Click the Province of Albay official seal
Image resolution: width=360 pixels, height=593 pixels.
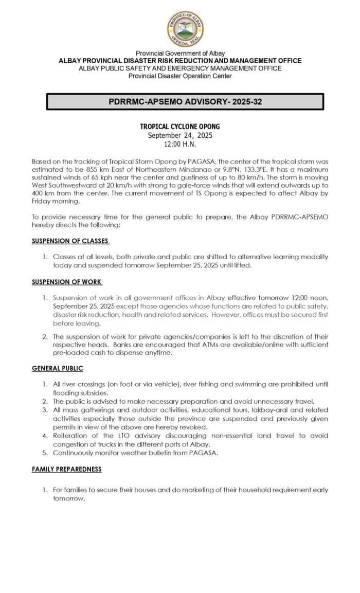[185, 29]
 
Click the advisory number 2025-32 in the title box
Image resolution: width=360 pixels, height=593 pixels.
[245, 102]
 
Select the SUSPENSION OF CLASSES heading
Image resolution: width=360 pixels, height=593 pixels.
[70, 241]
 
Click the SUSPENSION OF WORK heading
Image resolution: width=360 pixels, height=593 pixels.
[66, 282]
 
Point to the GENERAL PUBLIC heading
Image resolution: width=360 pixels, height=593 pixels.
[57, 368]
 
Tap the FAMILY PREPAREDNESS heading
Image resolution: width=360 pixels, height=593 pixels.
[66, 469]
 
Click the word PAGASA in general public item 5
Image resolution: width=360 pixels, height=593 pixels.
[184, 453]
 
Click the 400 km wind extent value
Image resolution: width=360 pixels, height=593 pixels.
[42, 194]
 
